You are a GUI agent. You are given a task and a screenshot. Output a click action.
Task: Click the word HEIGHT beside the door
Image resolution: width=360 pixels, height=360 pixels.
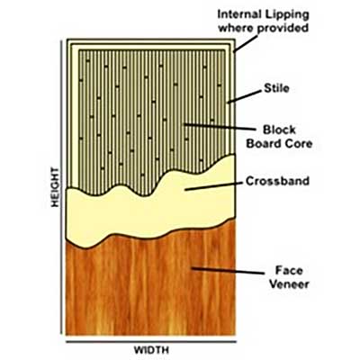(x=55, y=187)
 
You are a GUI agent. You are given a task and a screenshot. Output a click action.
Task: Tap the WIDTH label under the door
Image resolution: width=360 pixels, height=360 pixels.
(x=151, y=350)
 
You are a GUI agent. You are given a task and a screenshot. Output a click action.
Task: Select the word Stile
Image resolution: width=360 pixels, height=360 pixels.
(x=276, y=88)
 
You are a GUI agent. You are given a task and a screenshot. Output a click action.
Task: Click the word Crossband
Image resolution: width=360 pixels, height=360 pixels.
(x=277, y=181)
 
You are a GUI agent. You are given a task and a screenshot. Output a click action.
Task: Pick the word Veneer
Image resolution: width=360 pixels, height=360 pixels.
(x=289, y=283)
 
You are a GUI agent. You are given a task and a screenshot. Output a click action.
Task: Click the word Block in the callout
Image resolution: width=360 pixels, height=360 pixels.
(x=279, y=130)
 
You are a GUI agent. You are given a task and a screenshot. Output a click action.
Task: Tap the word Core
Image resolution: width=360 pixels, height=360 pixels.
(x=299, y=143)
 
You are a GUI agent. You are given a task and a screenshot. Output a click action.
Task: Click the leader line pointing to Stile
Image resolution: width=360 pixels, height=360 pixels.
(x=245, y=96)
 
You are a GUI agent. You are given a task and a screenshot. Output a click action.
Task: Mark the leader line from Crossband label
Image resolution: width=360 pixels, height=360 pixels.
(x=213, y=186)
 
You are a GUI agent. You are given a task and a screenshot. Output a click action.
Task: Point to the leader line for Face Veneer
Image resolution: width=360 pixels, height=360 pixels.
(x=228, y=271)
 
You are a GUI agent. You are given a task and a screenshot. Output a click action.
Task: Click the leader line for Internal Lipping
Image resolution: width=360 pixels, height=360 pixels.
(x=246, y=44)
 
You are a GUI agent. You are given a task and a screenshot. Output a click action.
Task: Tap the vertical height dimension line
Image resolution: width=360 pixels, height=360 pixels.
(x=62, y=186)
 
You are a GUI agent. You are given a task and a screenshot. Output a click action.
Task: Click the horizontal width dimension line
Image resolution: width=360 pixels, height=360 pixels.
(x=151, y=341)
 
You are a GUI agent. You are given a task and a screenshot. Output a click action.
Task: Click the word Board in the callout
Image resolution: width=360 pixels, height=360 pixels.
(x=264, y=143)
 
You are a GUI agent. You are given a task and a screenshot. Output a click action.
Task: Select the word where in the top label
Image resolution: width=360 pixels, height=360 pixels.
(x=236, y=28)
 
